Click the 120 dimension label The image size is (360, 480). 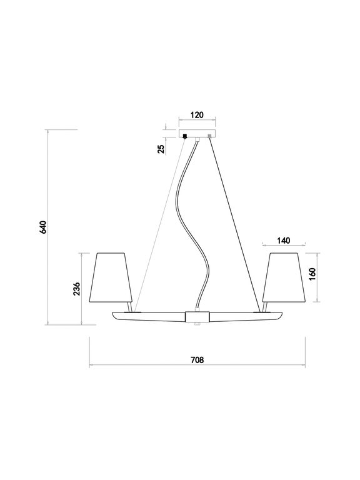[197, 115]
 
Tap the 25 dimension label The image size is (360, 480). [161, 148]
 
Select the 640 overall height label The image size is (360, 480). [43, 227]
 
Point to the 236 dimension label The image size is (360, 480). [76, 289]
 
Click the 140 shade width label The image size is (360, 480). [284, 241]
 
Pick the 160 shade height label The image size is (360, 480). [312, 275]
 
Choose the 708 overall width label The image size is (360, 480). [197, 360]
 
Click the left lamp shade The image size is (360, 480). [111, 277]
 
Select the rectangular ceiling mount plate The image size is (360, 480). [197, 134]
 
